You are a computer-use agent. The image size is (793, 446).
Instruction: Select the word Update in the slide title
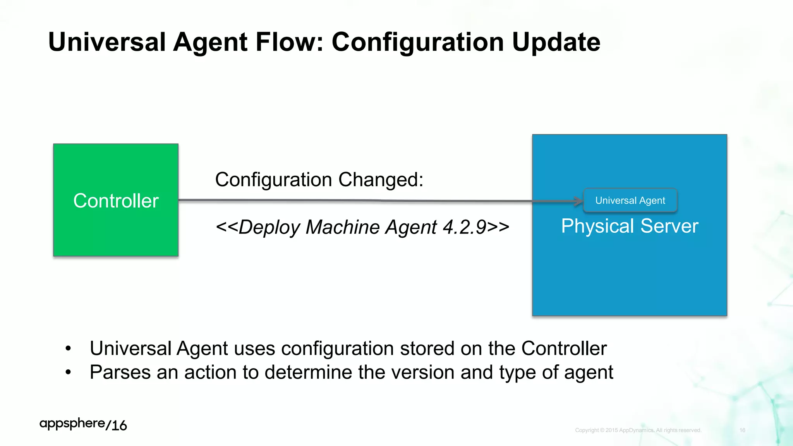556,42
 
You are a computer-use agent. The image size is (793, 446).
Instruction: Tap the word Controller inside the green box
116,201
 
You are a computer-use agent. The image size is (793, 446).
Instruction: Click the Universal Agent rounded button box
630,201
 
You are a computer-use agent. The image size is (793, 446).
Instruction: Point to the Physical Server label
630,226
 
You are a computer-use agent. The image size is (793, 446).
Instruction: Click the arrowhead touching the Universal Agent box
578,201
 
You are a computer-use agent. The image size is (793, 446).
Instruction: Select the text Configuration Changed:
319,180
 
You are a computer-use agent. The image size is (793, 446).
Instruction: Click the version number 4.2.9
464,227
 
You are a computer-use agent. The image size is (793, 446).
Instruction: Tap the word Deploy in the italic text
269,227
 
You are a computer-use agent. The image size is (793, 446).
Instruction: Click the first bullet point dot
68,348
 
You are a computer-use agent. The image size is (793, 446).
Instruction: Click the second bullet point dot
68,372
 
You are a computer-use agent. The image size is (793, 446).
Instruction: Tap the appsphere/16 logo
83,424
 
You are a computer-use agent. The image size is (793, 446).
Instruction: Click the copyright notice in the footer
638,430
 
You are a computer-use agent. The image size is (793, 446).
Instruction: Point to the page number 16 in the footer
742,430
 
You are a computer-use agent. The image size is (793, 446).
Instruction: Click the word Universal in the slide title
107,42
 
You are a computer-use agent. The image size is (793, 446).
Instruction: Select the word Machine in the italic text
342,227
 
